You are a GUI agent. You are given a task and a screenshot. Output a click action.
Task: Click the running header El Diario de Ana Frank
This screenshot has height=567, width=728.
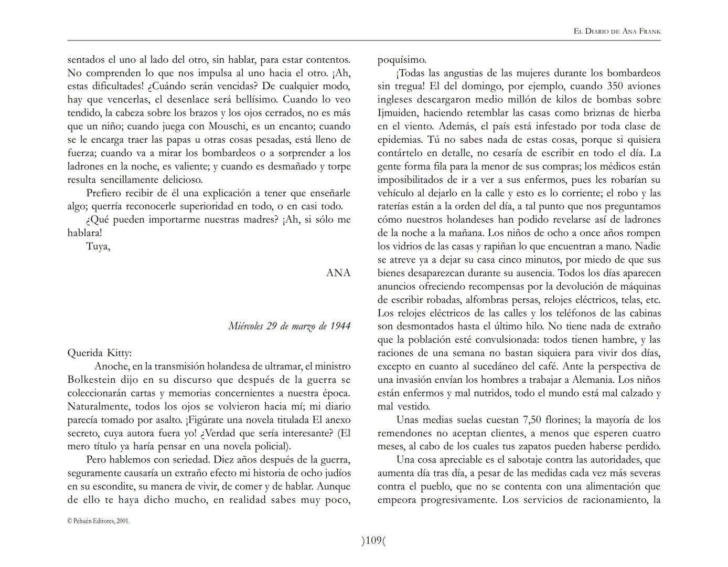617,31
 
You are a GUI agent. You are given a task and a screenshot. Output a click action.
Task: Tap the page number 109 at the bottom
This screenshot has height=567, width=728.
373,540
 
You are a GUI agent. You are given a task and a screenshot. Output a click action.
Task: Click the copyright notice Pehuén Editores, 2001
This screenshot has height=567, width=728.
99,521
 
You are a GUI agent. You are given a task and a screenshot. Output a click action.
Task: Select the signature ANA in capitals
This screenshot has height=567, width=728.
338,273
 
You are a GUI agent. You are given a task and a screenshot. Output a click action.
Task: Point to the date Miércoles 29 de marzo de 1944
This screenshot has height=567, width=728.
289,327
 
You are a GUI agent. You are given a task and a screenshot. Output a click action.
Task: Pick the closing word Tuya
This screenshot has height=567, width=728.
98,246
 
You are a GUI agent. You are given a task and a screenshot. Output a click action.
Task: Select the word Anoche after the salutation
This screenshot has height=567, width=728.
112,366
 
